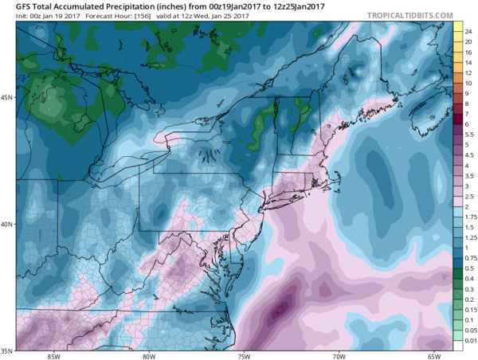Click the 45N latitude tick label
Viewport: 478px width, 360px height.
8,98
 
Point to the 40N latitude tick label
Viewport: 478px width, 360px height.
8,224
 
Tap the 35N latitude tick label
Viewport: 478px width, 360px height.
8,350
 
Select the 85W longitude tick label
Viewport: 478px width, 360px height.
55,355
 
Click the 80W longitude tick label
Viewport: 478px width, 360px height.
149,355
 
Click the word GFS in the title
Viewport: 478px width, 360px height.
13,6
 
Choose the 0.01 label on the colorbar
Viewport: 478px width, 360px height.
469,340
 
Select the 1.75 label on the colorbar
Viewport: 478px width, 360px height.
469,217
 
